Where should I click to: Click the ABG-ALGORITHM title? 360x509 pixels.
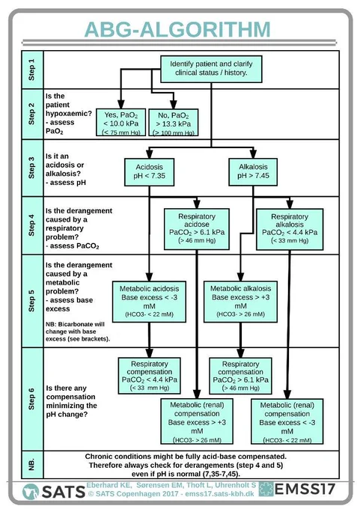pyautogui.click(x=177, y=29)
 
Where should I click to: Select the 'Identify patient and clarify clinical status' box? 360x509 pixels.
pyautogui.click(x=211, y=69)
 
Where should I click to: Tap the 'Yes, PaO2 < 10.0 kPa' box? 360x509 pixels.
pyautogui.click(x=120, y=122)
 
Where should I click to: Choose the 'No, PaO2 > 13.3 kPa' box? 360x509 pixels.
pyautogui.click(x=174, y=122)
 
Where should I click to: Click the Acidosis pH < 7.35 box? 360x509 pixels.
pyautogui.click(x=150, y=171)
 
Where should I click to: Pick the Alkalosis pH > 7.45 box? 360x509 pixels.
pyautogui.click(x=253, y=171)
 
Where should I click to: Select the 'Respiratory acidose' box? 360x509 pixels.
pyautogui.click(x=197, y=229)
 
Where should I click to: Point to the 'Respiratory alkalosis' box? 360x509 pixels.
pyautogui.click(x=290, y=229)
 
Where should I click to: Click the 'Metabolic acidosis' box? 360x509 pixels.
pyautogui.click(x=150, y=302)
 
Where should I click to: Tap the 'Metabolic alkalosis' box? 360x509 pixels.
pyautogui.click(x=240, y=302)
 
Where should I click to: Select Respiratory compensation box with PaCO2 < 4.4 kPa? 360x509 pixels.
pyautogui.click(x=150, y=376)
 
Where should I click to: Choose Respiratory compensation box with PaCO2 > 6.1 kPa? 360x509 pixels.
pyautogui.click(x=240, y=376)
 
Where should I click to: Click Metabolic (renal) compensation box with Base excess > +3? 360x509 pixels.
pyautogui.click(x=197, y=421)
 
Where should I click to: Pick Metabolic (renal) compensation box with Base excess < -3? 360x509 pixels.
pyautogui.click(x=287, y=421)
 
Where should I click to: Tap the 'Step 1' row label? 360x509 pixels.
pyautogui.click(x=31, y=70)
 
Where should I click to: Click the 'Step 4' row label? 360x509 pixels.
pyautogui.click(x=31, y=225)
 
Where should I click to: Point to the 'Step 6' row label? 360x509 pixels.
pyautogui.click(x=31, y=399)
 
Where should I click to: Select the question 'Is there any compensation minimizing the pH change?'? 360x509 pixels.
pyautogui.click(x=71, y=401)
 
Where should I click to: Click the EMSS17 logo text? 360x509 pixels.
pyautogui.click(x=305, y=490)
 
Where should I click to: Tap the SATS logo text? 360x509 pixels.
pyautogui.click(x=64, y=492)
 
